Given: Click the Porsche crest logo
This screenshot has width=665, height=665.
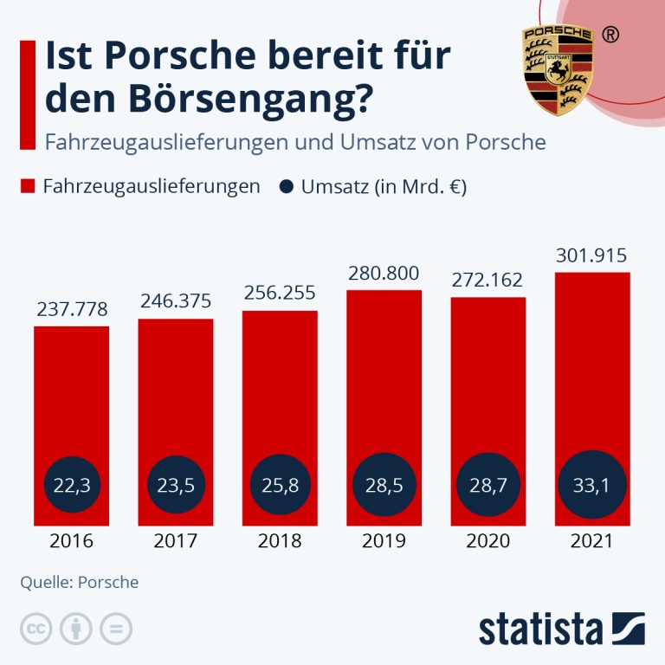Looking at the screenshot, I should pyautogui.click(x=558, y=69).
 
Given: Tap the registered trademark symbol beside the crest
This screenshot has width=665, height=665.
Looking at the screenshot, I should pyautogui.click(x=610, y=35).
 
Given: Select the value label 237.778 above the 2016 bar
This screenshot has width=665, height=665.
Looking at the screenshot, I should pyautogui.click(x=72, y=310).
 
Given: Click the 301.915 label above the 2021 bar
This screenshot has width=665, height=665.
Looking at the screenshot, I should pyautogui.click(x=592, y=256).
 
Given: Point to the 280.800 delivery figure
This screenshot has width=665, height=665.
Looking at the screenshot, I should pyautogui.click(x=384, y=274).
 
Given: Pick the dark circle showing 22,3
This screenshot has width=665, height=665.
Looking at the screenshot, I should pyautogui.click(x=72, y=486).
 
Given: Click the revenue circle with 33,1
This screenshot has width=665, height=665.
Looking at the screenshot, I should pyautogui.click(x=592, y=486).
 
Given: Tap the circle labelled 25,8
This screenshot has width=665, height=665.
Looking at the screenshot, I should pyautogui.click(x=280, y=486).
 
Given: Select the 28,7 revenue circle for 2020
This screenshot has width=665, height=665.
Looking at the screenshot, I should pyautogui.click(x=488, y=486).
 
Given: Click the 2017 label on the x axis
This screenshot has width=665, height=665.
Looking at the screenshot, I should pyautogui.click(x=176, y=541).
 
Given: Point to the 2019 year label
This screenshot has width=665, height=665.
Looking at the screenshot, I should pyautogui.click(x=384, y=541).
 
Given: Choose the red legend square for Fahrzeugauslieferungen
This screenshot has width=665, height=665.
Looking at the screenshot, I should pyautogui.click(x=27, y=187).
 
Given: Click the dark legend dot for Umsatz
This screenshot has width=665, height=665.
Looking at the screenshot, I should pyautogui.click(x=285, y=187).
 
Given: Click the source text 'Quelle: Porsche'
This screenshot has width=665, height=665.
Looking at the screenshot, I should pyautogui.click(x=80, y=582).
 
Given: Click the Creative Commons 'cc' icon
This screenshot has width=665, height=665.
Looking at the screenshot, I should pyautogui.click(x=36, y=629).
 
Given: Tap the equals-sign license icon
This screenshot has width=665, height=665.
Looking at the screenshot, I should pyautogui.click(x=116, y=629).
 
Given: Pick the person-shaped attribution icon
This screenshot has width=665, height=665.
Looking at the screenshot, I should pyautogui.click(x=76, y=629).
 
